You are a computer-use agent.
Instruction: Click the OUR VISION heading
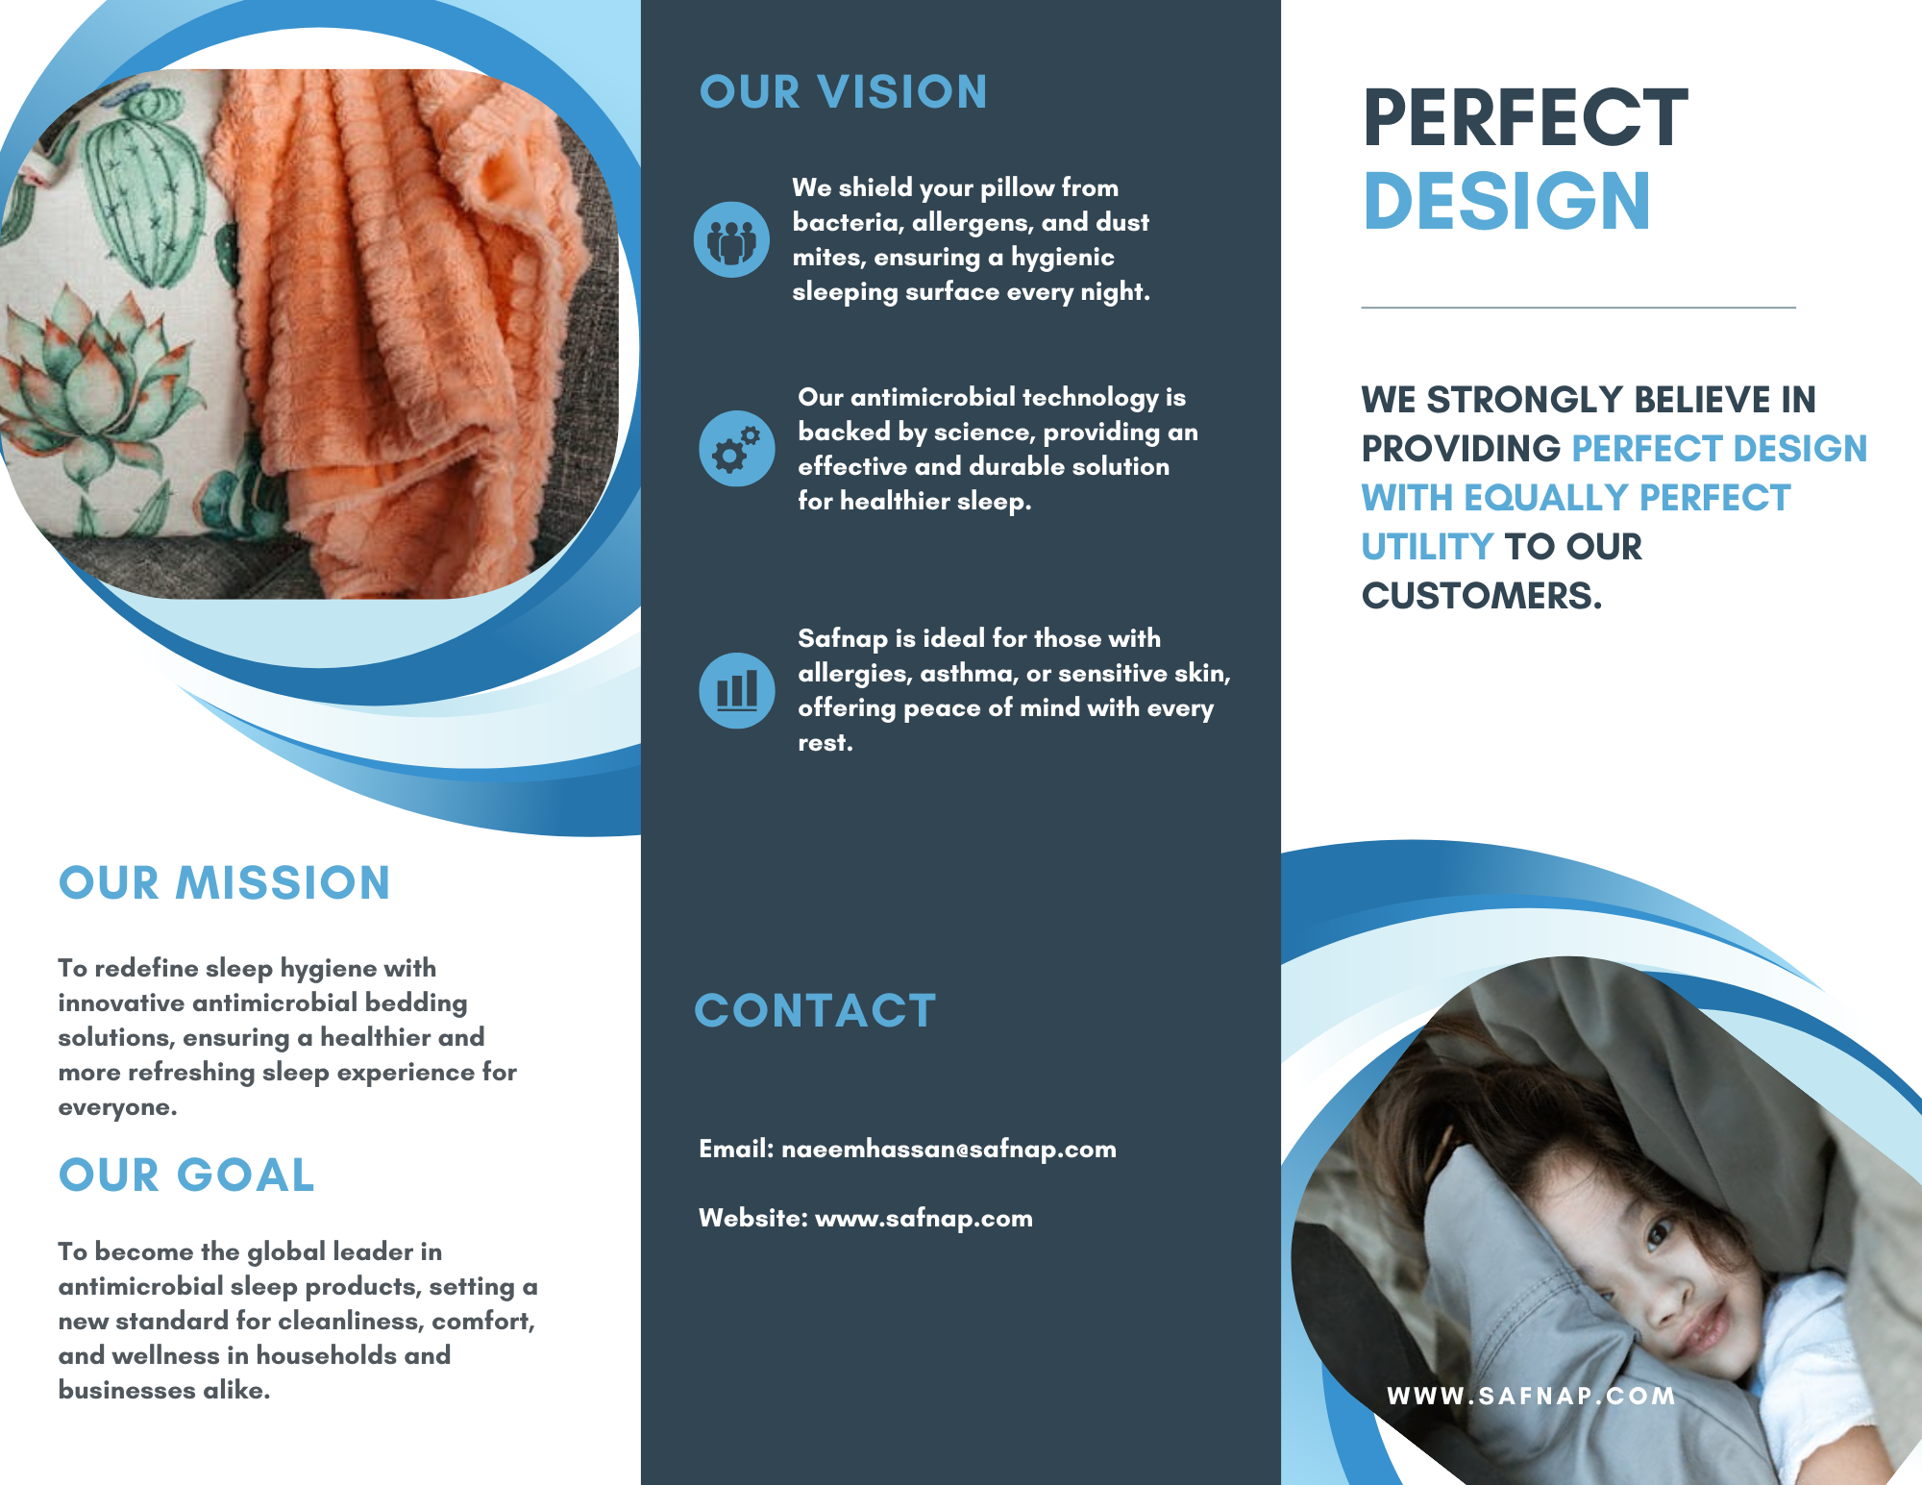point(843,92)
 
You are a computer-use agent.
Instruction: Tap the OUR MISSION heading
point(224,882)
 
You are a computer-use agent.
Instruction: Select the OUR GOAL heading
point(186,1175)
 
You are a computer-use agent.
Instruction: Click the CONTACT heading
point(815,1011)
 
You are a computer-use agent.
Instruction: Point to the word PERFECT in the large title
point(1525,117)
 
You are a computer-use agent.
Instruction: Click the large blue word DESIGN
point(1507,201)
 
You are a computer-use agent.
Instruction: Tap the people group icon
point(731,239)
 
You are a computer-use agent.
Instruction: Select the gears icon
point(737,448)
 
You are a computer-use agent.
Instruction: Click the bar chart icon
point(737,690)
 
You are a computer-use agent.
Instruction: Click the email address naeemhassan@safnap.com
point(949,1149)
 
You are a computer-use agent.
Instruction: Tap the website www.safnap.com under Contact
point(924,1218)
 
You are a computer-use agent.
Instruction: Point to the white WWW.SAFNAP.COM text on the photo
point(1531,1396)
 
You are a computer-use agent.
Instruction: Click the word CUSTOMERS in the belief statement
point(1481,596)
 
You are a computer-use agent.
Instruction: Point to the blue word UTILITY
point(1427,547)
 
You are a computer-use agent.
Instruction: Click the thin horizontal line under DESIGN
point(1578,308)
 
